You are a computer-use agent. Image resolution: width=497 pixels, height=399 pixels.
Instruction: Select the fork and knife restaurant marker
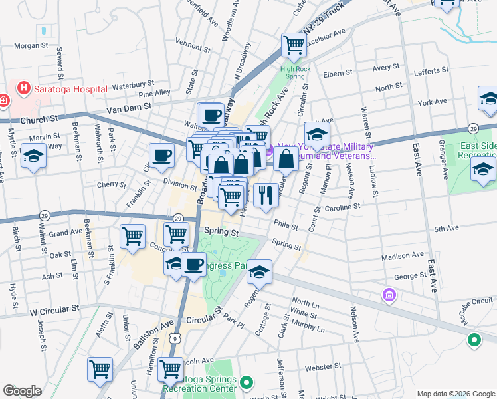[x=266, y=195]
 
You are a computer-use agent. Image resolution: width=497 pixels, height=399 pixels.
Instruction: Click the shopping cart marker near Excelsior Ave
[x=293, y=45]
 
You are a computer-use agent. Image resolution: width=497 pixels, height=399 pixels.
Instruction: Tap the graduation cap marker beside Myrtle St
[x=33, y=157]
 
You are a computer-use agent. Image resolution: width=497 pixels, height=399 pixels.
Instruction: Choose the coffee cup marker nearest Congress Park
[x=193, y=264]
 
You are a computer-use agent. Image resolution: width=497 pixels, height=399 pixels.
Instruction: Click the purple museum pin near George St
[x=389, y=294]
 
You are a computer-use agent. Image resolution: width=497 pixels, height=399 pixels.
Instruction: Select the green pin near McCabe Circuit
[x=474, y=341]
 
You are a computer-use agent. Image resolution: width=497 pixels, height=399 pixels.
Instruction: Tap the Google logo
[x=22, y=391]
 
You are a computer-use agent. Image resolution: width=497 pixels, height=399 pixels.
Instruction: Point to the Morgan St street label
[x=32, y=46]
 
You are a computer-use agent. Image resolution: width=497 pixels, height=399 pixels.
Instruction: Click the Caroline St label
[x=342, y=207]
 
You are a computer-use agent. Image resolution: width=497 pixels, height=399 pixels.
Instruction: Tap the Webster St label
[x=323, y=366]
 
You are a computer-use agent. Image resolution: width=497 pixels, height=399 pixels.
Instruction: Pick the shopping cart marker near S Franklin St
[x=132, y=236]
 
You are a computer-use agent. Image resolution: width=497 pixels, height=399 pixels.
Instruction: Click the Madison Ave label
[x=403, y=255]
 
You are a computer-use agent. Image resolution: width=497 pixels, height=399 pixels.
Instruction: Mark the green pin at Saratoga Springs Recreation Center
[x=247, y=382]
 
